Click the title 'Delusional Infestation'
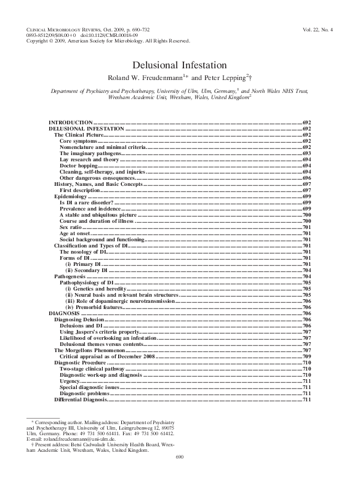click(180, 65)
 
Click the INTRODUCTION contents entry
click(70, 124)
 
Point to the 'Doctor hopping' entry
click(78, 166)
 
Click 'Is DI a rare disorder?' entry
click(86, 202)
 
